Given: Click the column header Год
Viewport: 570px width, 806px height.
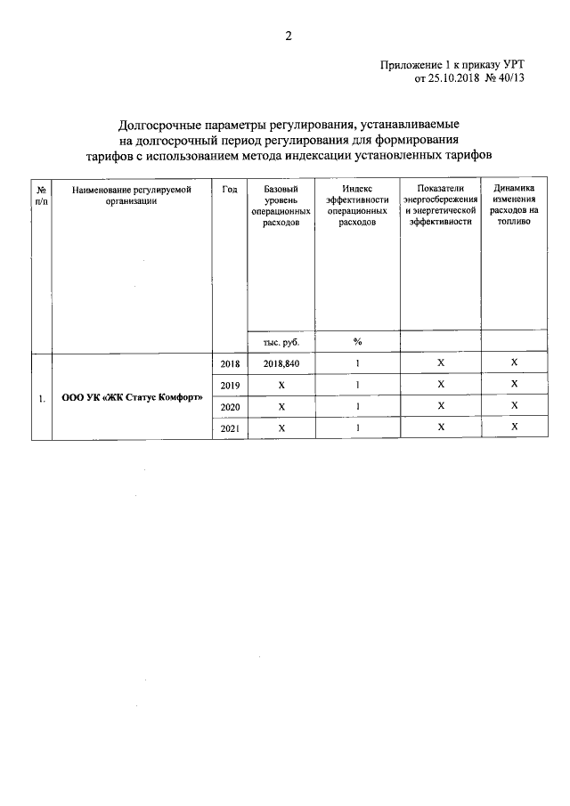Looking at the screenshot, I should [x=229, y=189].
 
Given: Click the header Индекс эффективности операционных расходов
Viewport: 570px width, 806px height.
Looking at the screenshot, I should [x=357, y=206].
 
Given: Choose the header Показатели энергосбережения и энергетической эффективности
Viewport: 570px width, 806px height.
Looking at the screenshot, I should [x=439, y=206].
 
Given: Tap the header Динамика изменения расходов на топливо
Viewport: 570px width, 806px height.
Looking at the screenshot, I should [x=513, y=206].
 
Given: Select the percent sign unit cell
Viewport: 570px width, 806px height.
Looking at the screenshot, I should [x=357, y=342].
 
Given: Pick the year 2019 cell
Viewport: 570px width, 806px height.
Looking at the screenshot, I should [x=229, y=385].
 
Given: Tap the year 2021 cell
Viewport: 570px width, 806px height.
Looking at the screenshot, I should [x=229, y=428].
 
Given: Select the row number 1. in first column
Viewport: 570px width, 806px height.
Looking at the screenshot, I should [x=42, y=397].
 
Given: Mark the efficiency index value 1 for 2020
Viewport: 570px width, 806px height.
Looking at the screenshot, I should [x=357, y=406].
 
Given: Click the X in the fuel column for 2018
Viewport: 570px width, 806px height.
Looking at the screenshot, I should [x=514, y=363].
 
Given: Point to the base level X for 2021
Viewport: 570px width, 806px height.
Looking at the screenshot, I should [x=281, y=428].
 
